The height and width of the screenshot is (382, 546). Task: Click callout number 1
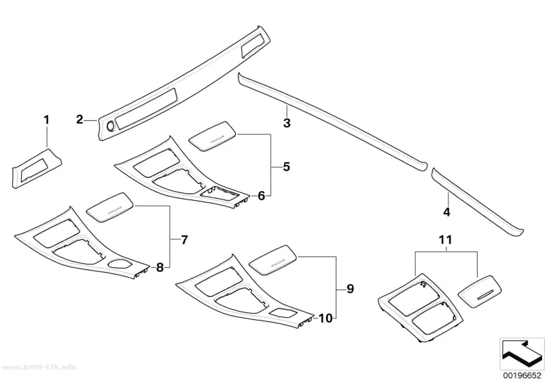click(x=46, y=121)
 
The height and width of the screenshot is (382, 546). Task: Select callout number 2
click(x=80, y=120)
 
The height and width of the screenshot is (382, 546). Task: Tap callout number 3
click(x=287, y=123)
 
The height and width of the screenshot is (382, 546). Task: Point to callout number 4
click(x=447, y=212)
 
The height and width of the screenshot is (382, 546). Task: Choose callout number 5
click(x=286, y=167)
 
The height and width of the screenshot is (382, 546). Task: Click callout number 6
click(x=262, y=196)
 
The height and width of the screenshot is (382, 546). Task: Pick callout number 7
click(x=184, y=240)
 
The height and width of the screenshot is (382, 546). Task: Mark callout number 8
click(x=160, y=268)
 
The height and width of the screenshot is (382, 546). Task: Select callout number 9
click(x=350, y=289)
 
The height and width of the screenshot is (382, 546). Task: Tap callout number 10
click(x=326, y=318)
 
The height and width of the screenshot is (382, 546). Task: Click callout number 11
click(x=446, y=240)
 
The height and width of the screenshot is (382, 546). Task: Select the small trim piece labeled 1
click(x=37, y=168)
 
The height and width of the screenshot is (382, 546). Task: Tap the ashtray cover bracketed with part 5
click(x=213, y=136)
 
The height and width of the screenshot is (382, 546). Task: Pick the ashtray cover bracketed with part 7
click(x=110, y=207)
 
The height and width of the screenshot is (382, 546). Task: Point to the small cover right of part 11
click(x=480, y=292)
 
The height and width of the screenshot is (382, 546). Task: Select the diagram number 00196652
click(x=521, y=376)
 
